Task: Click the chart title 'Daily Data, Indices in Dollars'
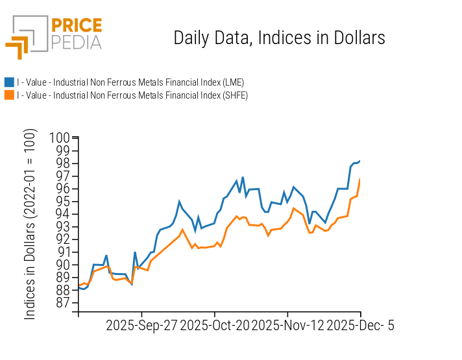tap(279, 38)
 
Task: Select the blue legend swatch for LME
tap(9, 82)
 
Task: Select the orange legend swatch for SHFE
tap(9, 95)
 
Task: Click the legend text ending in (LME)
tap(130, 82)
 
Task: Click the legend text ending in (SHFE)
tap(132, 95)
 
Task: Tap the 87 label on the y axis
tap(63, 303)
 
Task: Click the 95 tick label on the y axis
tap(63, 202)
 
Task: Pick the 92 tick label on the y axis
tap(63, 239)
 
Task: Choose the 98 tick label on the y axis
tap(63, 163)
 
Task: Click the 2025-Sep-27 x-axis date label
tap(141, 326)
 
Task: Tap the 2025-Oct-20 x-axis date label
tap(215, 326)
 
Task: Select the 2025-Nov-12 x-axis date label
tap(288, 326)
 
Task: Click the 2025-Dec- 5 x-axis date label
tap(360, 326)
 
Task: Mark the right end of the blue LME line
tap(360, 160)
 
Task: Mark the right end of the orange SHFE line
tap(360, 179)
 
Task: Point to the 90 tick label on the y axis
tap(63, 265)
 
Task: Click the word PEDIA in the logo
tap(77, 43)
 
